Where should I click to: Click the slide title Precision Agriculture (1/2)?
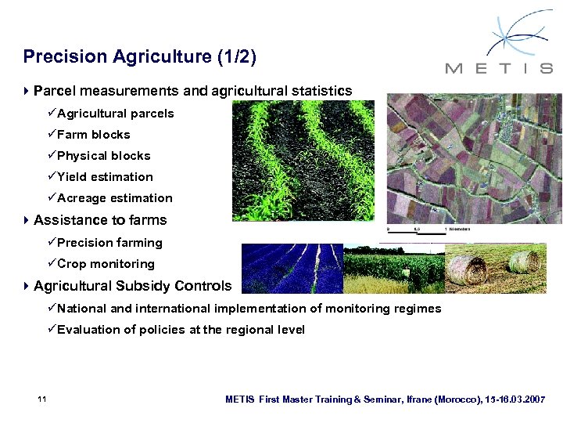point(139,56)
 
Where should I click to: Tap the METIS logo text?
point(498,68)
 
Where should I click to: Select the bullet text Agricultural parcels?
point(115,114)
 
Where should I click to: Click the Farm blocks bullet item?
point(93,135)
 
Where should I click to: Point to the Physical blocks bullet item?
point(103,156)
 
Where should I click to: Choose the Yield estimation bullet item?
point(105,177)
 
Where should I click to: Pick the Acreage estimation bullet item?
point(114,198)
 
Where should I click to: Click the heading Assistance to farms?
point(100,220)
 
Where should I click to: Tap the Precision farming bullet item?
point(109,243)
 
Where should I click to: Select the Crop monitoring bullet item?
point(106,264)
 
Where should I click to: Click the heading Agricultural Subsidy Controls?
point(133,286)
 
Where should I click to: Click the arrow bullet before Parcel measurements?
point(27,92)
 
